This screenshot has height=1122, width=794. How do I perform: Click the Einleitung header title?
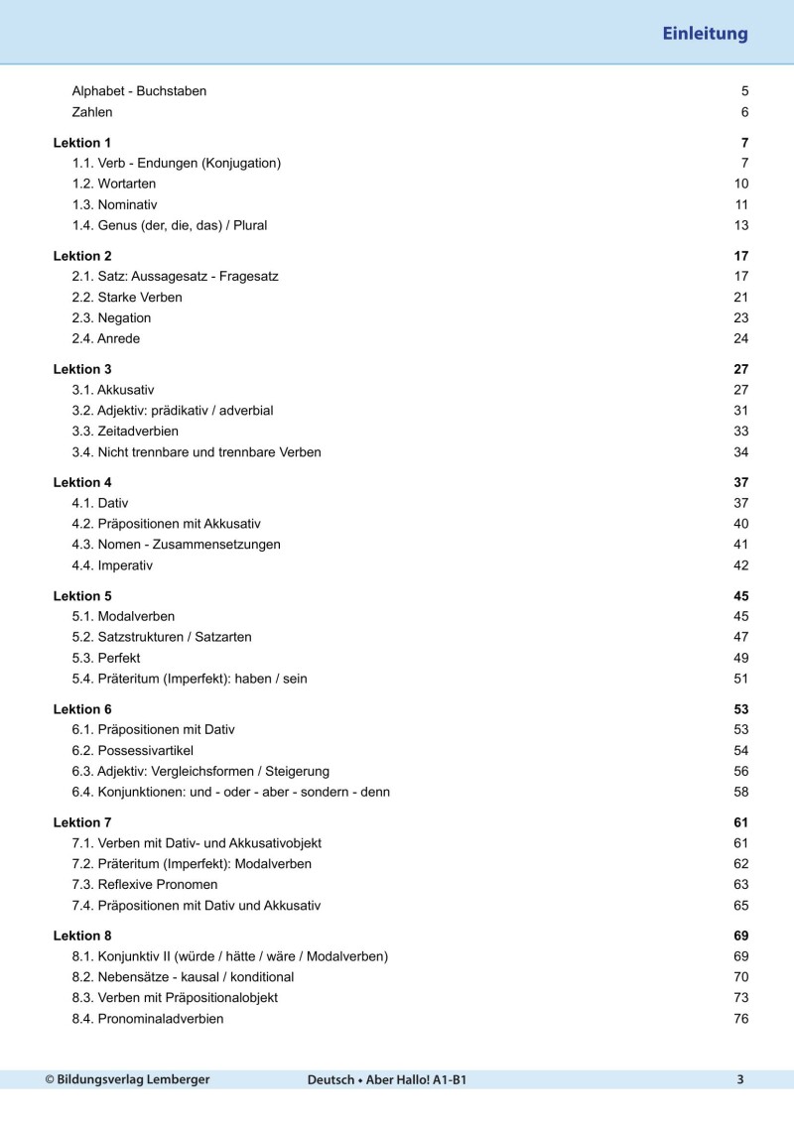[705, 35]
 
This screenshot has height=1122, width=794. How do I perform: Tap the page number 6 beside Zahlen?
[744, 112]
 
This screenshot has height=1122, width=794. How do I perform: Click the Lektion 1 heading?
[82, 143]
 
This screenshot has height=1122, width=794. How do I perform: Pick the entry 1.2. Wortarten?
[114, 184]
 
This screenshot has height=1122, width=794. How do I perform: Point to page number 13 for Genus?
[740, 225]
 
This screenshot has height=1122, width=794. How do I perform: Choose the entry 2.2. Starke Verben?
[127, 298]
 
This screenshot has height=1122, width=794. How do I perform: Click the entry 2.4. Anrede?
[106, 338]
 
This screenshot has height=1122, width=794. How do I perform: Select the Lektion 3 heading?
[82, 369]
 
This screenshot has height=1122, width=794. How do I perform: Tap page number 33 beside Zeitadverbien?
[740, 432]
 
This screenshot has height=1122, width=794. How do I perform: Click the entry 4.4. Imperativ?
[112, 565]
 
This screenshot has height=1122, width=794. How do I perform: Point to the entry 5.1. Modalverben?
[123, 616]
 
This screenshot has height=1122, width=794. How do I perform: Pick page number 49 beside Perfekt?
[740, 658]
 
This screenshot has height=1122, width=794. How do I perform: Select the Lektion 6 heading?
[82, 709]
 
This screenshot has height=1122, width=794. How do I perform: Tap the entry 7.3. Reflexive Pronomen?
[145, 884]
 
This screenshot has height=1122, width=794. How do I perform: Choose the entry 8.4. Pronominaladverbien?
[148, 1019]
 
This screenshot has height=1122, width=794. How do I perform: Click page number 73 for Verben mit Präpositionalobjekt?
[740, 998]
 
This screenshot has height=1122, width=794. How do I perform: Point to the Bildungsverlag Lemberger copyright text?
[127, 1079]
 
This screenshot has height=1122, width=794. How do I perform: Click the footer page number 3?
[740, 1079]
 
